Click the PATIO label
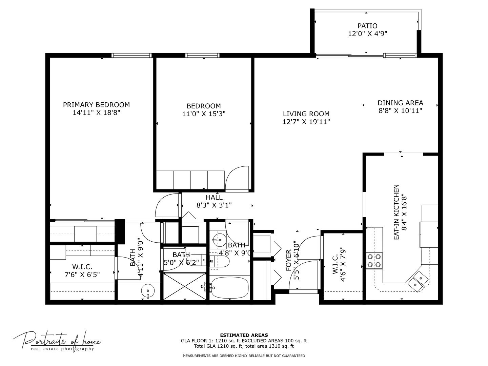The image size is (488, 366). point(367,26)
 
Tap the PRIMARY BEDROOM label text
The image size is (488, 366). point(96,105)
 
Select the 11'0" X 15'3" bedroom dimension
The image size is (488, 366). point(204,114)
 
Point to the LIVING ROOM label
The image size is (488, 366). point(306,114)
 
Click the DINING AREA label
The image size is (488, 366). point(400,103)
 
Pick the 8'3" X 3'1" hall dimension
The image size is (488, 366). point(214,205)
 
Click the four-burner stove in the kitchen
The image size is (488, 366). point(374,260)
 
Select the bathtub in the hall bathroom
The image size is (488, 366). point(229,288)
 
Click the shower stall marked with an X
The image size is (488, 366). point(184,286)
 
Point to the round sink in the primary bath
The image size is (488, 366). point(148,290)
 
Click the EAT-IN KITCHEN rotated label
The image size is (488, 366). point(396,212)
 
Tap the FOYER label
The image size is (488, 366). point(288,260)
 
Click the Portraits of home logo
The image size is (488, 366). point(57,341)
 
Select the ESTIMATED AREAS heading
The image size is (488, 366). point(244,335)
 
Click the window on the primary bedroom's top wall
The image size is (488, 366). point(131,55)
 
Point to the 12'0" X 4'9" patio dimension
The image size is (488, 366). point(367,34)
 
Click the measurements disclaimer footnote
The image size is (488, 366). point(244,356)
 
